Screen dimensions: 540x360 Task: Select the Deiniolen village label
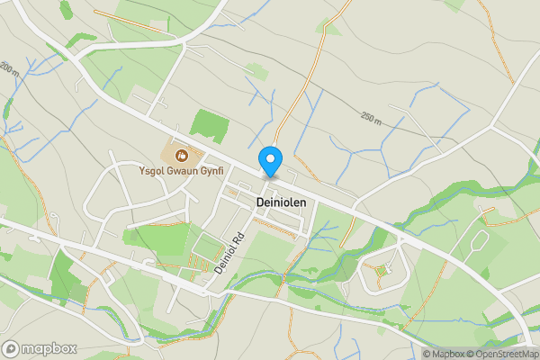click(281, 202)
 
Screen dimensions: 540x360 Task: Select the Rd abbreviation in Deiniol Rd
click(238, 239)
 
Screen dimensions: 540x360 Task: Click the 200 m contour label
click(10, 68)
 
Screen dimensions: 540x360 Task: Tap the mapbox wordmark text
click(49, 348)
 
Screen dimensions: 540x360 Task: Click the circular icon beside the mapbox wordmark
click(11, 348)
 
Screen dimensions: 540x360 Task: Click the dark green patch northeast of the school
click(210, 125)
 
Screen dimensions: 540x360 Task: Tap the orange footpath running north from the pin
click(301, 90)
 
